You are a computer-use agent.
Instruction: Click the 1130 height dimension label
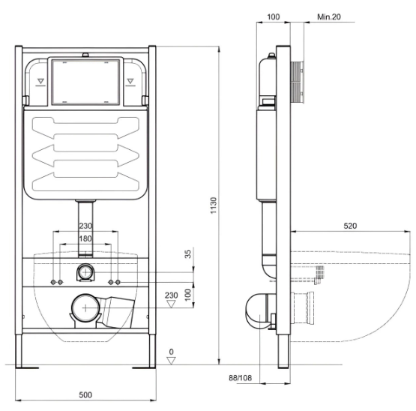(214, 205)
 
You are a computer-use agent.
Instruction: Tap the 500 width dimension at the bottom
(85, 394)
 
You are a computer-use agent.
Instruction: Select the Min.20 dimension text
(329, 17)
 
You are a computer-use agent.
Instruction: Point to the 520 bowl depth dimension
(350, 226)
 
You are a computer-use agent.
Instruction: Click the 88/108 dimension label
(241, 378)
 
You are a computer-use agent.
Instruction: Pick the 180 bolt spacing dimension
(85, 238)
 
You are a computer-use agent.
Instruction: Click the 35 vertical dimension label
(188, 254)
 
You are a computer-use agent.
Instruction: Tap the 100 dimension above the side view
(274, 17)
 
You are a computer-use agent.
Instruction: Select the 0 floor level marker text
(172, 352)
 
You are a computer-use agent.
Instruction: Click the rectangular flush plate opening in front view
(85, 81)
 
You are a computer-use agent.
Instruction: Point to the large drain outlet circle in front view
(85, 307)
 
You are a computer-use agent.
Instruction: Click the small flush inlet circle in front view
(85, 272)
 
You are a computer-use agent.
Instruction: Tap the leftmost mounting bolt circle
(53, 282)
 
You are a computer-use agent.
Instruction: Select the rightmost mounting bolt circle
(118, 282)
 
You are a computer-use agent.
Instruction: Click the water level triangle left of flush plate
(40, 81)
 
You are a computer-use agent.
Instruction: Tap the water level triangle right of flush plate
(130, 81)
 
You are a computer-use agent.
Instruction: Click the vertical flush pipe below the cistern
(85, 228)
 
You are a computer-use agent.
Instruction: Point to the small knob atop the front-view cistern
(85, 55)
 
